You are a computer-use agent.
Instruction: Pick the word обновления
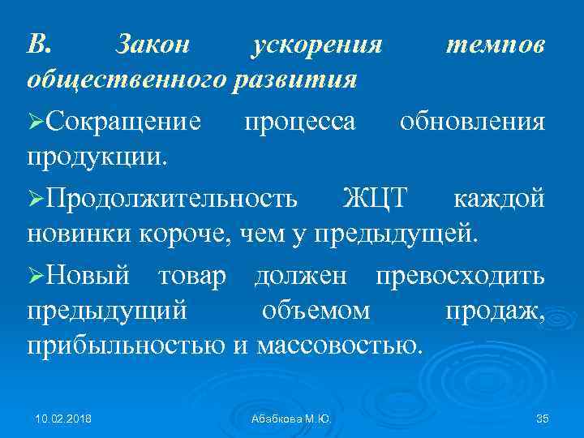472,122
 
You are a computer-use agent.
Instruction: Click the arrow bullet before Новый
36,275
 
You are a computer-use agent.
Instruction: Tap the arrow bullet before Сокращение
36,122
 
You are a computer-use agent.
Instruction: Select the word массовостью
340,346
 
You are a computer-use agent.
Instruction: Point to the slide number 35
543,419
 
